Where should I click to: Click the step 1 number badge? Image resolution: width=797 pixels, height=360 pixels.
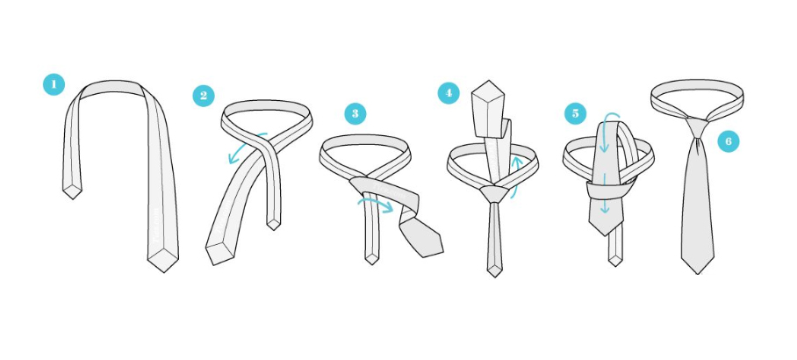click(x=54, y=84)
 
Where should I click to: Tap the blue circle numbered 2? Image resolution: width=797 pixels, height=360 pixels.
click(x=204, y=96)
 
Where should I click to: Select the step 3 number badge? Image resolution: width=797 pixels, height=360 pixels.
click(x=355, y=114)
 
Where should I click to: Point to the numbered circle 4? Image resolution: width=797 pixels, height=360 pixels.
click(x=449, y=93)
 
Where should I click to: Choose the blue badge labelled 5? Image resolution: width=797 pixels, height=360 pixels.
click(x=576, y=113)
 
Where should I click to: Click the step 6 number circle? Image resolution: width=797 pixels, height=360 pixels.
click(x=729, y=141)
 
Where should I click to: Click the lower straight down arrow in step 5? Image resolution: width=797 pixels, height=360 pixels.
click(x=605, y=193)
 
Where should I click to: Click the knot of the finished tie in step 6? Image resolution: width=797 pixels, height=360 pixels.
click(x=696, y=128)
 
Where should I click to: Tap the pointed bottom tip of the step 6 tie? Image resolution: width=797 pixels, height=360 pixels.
click(x=697, y=274)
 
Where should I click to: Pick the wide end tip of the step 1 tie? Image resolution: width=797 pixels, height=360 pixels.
click(x=163, y=271)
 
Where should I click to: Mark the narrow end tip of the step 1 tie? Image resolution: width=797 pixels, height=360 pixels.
click(x=72, y=198)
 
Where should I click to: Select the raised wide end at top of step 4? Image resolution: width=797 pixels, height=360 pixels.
click(x=488, y=108)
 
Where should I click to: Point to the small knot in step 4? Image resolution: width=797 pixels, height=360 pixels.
click(x=494, y=194)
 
